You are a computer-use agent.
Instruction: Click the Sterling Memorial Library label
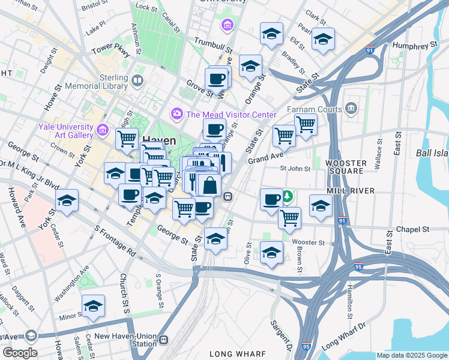click(x=108, y=82)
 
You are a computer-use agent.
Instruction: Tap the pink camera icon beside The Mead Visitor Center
click(x=177, y=113)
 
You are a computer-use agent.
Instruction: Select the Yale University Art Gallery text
click(x=65, y=131)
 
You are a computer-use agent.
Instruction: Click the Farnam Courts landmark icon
click(x=352, y=109)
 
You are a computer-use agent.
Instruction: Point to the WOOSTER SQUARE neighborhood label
click(x=345, y=167)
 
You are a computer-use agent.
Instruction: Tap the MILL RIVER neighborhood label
click(x=351, y=191)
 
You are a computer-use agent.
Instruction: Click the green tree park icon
click(x=288, y=196)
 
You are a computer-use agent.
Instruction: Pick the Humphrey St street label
click(x=414, y=46)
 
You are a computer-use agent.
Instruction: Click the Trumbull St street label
click(x=212, y=45)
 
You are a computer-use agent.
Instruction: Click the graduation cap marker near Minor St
click(x=93, y=306)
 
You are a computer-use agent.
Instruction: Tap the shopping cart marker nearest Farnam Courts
click(x=306, y=125)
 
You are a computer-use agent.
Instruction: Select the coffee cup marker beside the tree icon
click(x=271, y=198)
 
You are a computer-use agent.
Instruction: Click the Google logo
click(x=20, y=353)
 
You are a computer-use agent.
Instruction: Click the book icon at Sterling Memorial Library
click(x=137, y=80)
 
